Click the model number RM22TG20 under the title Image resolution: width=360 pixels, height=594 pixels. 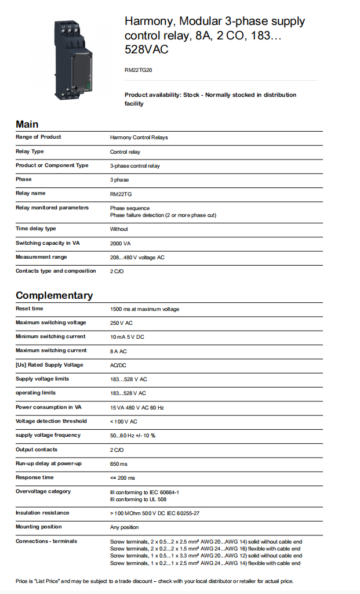[x=139, y=70]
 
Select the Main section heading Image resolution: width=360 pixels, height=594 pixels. [x=27, y=124]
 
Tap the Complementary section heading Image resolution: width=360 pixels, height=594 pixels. [x=54, y=295]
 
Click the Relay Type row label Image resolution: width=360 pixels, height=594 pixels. [x=30, y=151]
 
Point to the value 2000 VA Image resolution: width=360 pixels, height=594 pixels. [x=121, y=243]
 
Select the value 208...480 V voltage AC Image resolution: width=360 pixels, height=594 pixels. [x=137, y=257]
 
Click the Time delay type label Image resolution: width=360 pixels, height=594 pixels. [x=36, y=229]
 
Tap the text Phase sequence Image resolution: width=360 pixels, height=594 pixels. [x=130, y=208]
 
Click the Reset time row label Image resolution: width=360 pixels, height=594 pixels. [x=30, y=309]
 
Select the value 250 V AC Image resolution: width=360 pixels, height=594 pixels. [x=122, y=323]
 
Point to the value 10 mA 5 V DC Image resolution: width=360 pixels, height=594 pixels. [x=127, y=336]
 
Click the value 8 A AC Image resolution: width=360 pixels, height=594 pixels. [x=119, y=350]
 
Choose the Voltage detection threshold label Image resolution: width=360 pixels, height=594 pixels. [x=51, y=421]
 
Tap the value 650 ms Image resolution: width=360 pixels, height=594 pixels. [x=119, y=463]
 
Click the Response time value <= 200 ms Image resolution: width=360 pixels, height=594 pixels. [x=122, y=477]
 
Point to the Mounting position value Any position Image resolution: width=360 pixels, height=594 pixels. [x=125, y=527]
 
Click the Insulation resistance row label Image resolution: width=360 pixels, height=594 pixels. [x=42, y=513]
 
